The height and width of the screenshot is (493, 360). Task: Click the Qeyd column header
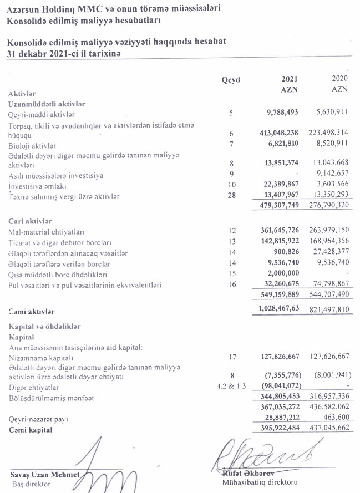pos(230,80)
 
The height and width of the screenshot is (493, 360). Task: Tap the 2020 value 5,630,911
pos(329,113)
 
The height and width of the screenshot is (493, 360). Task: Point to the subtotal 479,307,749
pos(280,206)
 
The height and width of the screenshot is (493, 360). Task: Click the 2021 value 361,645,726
pos(280,232)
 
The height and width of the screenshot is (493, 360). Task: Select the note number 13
pos(232,242)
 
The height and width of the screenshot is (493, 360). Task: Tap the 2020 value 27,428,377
pos(329,253)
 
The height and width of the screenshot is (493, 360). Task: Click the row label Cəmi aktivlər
pos(32,313)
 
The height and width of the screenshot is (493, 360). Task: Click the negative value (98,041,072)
pos(281,386)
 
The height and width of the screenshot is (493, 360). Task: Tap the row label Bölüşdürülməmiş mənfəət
pos(47,397)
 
